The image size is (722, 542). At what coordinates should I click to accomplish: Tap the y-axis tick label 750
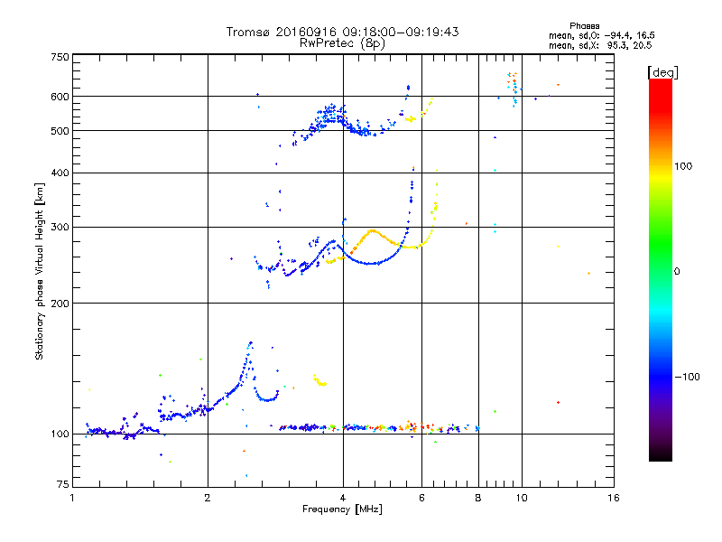60,57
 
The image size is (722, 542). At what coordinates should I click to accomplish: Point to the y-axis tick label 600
60,97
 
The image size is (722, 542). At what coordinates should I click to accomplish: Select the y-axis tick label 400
60,173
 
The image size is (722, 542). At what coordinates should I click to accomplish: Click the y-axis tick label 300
60,227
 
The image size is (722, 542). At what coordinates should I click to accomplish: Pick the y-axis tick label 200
60,303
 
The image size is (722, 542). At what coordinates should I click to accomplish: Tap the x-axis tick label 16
614,498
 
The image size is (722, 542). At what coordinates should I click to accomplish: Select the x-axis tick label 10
521,498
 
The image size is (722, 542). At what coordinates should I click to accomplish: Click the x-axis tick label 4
343,498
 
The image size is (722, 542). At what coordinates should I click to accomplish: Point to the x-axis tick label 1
72,498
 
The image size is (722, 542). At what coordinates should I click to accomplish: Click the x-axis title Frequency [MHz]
342,510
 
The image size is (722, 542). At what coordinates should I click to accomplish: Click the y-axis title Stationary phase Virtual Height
40,271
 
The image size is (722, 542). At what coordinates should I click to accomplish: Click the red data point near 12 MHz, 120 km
559,402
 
